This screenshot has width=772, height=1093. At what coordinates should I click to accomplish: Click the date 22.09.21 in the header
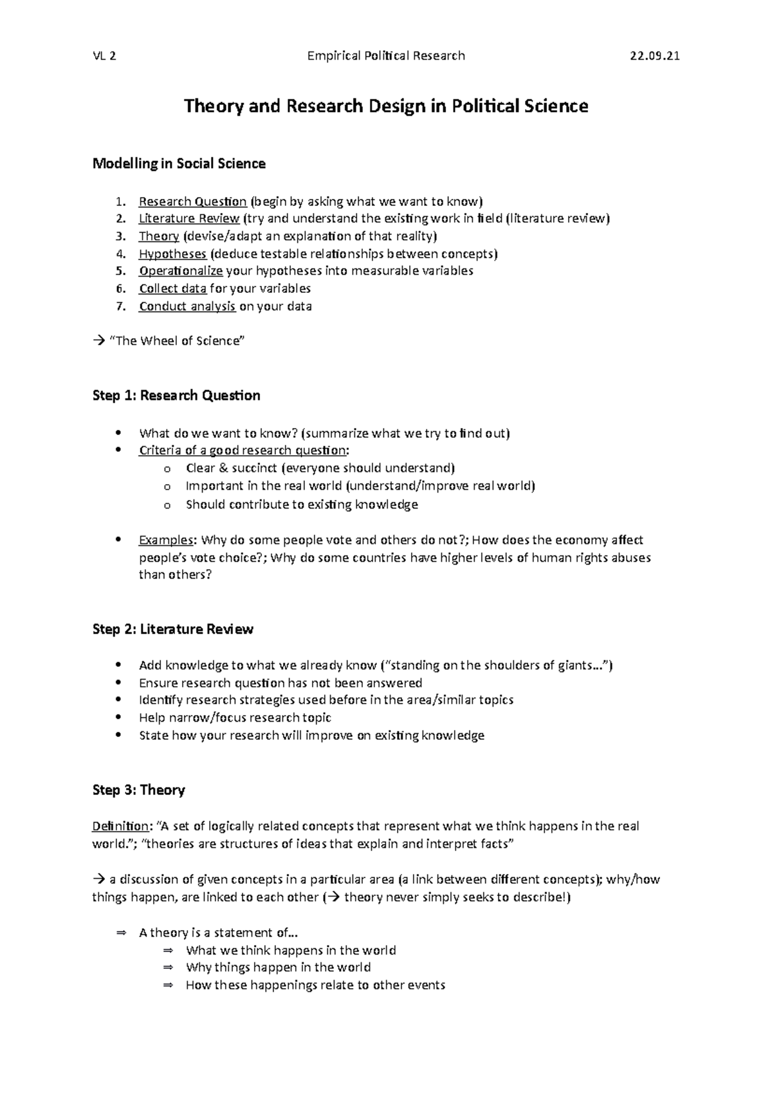click(654, 56)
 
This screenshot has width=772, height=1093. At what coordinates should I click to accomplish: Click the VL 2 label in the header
click(104, 56)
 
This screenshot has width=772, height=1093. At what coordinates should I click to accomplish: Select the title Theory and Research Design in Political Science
click(386, 106)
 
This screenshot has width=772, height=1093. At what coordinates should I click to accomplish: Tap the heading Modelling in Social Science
click(179, 163)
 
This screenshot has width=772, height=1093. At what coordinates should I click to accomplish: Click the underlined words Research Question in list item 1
click(192, 201)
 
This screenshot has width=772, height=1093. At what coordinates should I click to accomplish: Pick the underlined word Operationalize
click(180, 271)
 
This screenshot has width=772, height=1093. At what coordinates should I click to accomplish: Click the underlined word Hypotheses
click(172, 254)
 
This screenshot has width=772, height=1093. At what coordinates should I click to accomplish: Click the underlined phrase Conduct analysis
click(187, 306)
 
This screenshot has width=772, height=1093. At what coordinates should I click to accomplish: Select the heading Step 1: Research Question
click(176, 395)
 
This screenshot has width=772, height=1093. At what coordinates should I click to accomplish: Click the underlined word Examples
click(165, 540)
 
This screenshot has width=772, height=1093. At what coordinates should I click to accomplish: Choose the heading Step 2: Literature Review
click(172, 629)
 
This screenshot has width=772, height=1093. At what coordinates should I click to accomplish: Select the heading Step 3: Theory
click(138, 790)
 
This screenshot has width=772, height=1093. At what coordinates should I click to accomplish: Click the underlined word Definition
click(120, 826)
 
